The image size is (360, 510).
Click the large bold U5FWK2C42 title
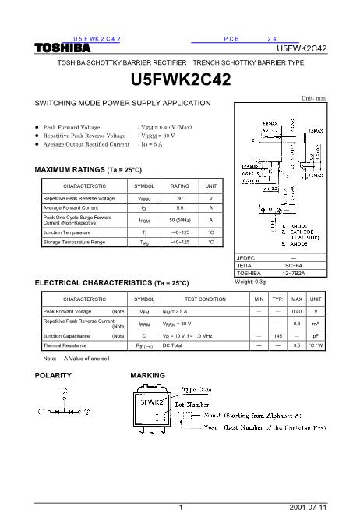(x=180, y=80)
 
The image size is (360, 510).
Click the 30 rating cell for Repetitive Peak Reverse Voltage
(x=180, y=199)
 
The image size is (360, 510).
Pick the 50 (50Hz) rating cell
(x=180, y=219)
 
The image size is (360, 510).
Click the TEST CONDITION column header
(x=205, y=299)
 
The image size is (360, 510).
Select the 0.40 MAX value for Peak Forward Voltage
(x=296, y=310)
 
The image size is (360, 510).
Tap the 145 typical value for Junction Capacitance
(x=277, y=335)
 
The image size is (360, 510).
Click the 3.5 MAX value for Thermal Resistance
(x=296, y=344)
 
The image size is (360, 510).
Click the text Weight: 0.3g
(x=250, y=281)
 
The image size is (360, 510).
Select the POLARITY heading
(x=54, y=375)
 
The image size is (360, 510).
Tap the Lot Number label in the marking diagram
(x=192, y=405)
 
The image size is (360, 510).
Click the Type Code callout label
(x=196, y=388)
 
